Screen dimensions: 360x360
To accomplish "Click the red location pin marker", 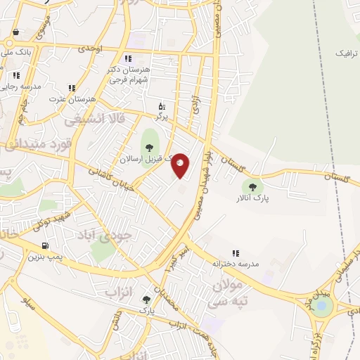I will click(180, 165).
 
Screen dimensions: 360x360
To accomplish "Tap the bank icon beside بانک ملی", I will click(16, 32).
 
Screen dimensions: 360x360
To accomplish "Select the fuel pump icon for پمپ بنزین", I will click(46, 245).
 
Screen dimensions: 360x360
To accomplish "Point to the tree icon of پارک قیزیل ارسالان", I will click(148, 147).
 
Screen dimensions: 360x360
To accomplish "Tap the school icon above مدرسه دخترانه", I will click(236, 252).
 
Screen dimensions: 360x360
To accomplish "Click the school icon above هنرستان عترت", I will click(71, 88).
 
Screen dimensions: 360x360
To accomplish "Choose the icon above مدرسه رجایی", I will click(16, 75).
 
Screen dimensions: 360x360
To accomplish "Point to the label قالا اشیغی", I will click(94, 120).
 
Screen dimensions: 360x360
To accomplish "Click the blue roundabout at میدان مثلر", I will click(322, 304).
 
